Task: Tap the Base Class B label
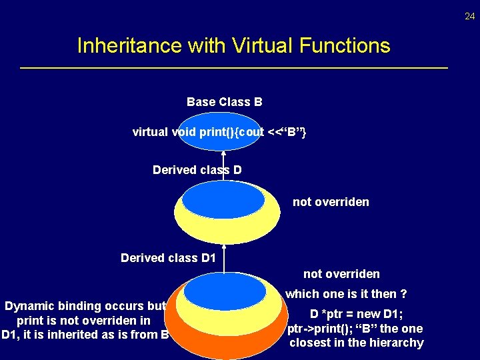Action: pyautogui.click(x=224, y=102)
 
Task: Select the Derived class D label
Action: pyautogui.click(x=197, y=170)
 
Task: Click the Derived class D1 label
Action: pyautogui.click(x=168, y=257)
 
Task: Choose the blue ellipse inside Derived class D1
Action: pyautogui.click(x=225, y=291)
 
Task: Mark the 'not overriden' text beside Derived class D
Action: pyautogui.click(x=331, y=202)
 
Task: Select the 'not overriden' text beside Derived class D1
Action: pyautogui.click(x=341, y=274)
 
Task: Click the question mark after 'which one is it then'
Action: pyautogui.click(x=403, y=294)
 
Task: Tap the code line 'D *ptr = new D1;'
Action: pyautogui.click(x=356, y=314)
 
